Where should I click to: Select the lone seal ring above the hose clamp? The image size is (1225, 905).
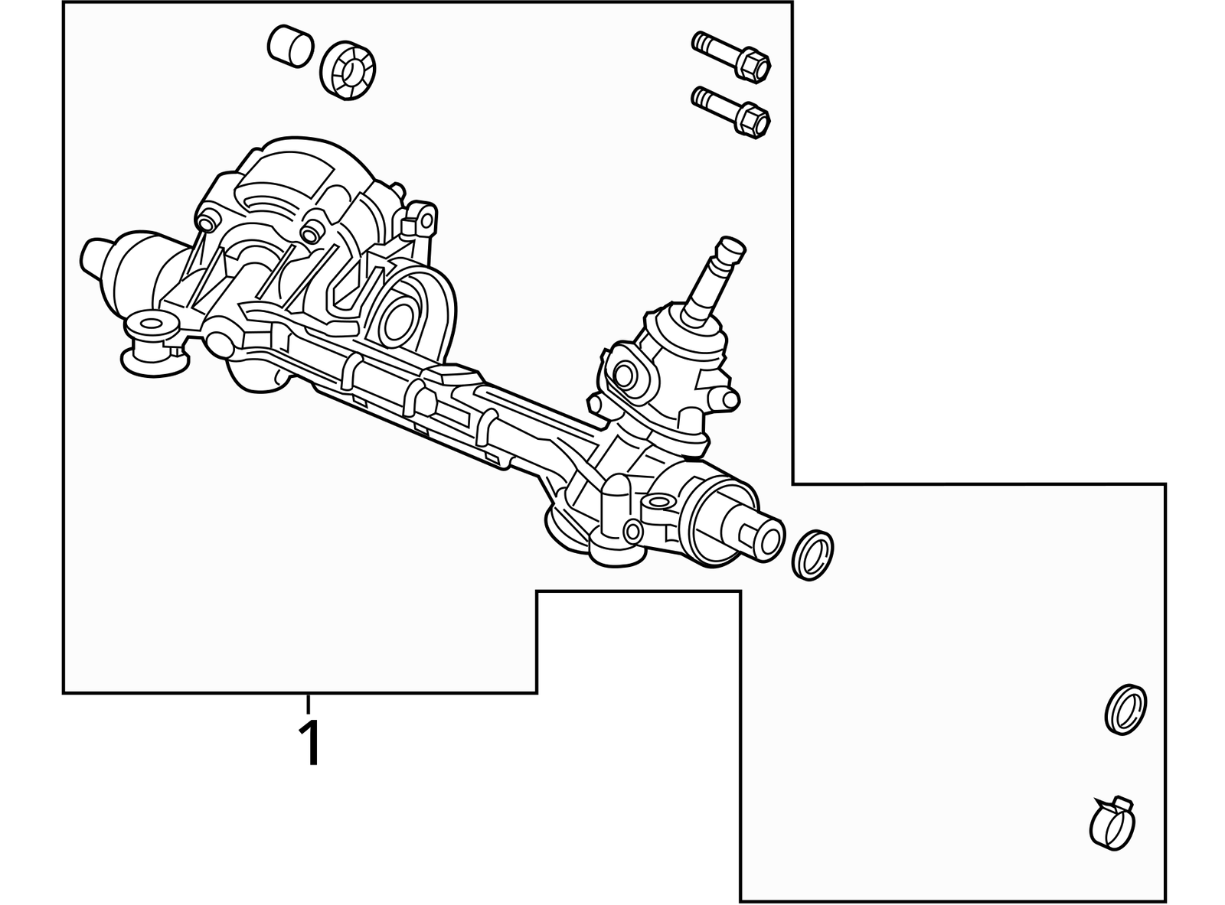click(1126, 709)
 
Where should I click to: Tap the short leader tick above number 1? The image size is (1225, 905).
click(309, 703)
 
